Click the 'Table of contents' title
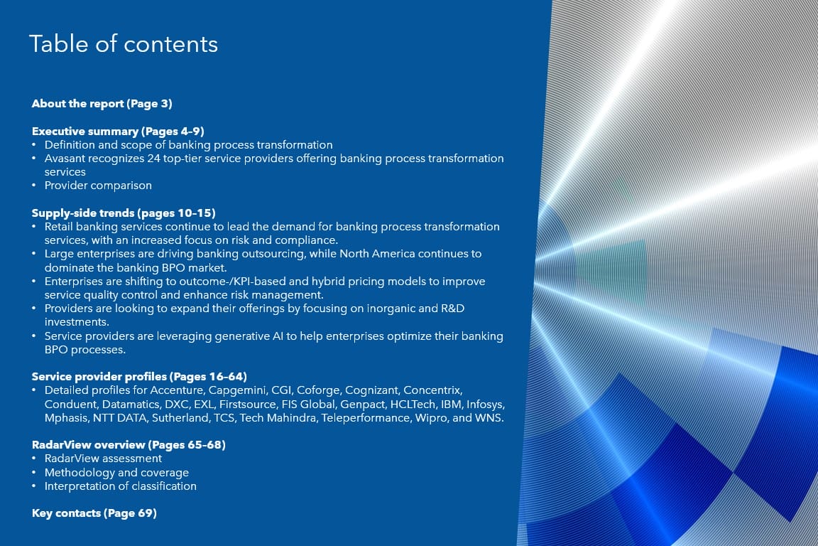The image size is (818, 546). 124,44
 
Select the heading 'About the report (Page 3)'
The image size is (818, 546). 102,104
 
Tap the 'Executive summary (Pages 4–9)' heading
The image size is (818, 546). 118,131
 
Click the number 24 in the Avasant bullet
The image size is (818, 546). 153,159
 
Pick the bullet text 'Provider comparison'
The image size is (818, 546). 98,186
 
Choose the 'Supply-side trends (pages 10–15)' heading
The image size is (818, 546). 124,213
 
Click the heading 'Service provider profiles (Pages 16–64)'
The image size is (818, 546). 139,377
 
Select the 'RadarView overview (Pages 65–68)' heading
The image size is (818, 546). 129,445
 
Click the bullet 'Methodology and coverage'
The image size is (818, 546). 117,472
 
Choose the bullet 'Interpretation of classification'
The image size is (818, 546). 121,486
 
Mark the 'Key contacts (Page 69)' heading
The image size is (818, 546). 94,513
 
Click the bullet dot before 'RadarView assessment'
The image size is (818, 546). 34,459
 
